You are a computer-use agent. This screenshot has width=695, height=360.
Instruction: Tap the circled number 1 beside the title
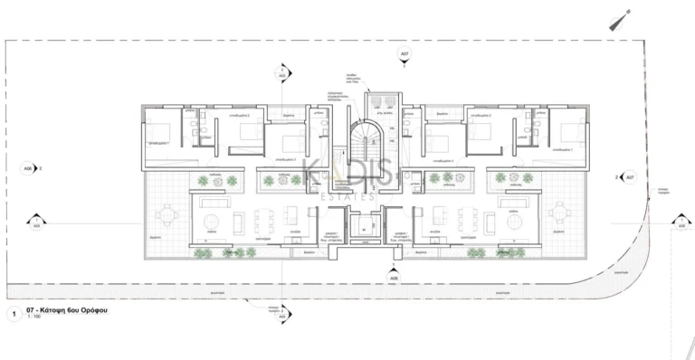click(14, 314)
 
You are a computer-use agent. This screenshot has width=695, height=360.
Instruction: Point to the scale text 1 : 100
click(33, 318)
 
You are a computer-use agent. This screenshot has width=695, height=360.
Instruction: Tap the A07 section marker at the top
click(404, 56)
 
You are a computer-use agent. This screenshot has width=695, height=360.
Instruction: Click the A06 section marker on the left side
click(28, 168)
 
